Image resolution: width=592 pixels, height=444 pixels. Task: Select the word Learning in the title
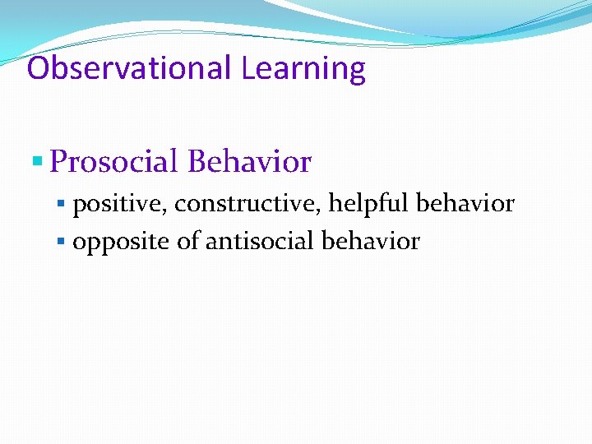click(x=303, y=69)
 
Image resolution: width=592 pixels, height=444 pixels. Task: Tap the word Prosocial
click(x=113, y=162)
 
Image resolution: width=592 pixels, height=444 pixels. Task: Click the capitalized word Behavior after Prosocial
click(x=249, y=162)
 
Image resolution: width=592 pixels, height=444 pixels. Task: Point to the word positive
click(x=118, y=204)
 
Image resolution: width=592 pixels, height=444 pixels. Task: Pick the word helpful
click(x=369, y=203)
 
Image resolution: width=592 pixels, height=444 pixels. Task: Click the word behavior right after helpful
click(x=465, y=203)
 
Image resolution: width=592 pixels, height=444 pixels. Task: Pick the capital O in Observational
click(x=38, y=67)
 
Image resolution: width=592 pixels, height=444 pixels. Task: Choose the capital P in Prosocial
click(x=58, y=162)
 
